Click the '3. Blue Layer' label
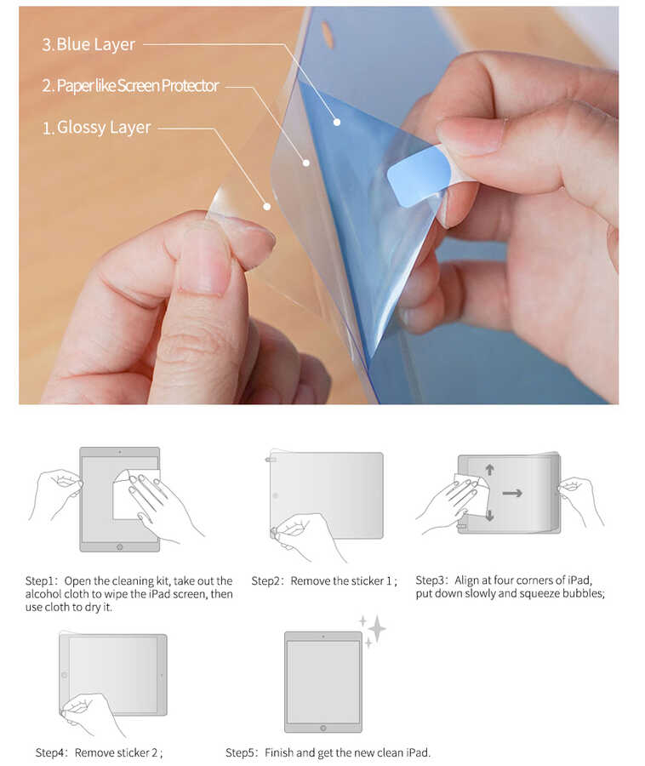pos(88,44)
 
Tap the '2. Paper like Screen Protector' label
pos(130,86)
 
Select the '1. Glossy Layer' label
pos(96,128)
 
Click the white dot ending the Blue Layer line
pos(337,123)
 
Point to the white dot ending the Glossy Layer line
pos(266,206)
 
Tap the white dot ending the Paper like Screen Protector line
pos(305,162)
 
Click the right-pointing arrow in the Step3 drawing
pos(512,492)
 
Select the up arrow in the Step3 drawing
pos(490,470)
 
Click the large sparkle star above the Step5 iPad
pos(376,629)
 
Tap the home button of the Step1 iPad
pos(119,546)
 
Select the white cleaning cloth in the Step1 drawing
pos(132,494)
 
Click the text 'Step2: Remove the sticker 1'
pos(323,581)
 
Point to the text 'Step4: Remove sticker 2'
pos(99,752)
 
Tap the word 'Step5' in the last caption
pos(241,752)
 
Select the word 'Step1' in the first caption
pos(41,581)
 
